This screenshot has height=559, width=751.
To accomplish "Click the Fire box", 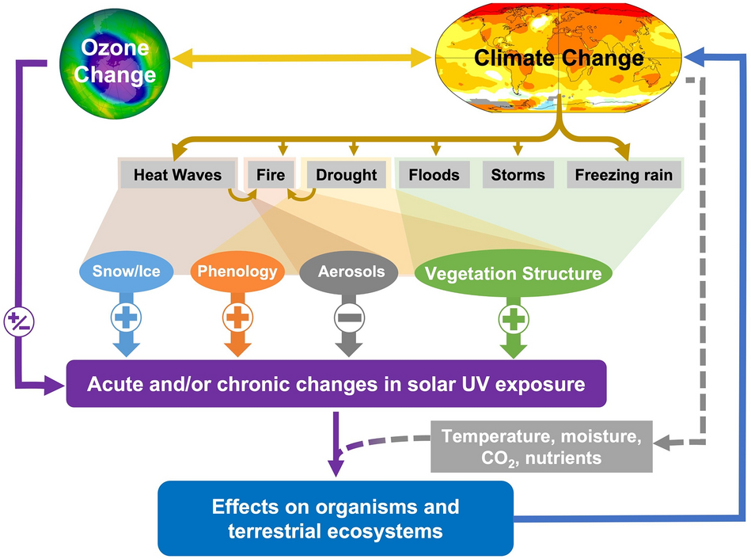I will coord(265,174).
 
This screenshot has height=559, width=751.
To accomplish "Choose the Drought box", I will coord(347,174).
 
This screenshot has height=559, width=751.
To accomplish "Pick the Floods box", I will coord(434,174).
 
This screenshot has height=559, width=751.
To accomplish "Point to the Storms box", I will coord(518,174).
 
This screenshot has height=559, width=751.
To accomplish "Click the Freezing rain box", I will coord(624,174).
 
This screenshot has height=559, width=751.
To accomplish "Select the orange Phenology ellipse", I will coord(237,272).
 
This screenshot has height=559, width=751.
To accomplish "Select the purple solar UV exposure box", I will coord(336,385).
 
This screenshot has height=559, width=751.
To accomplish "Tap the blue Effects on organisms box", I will coord(336,518).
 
